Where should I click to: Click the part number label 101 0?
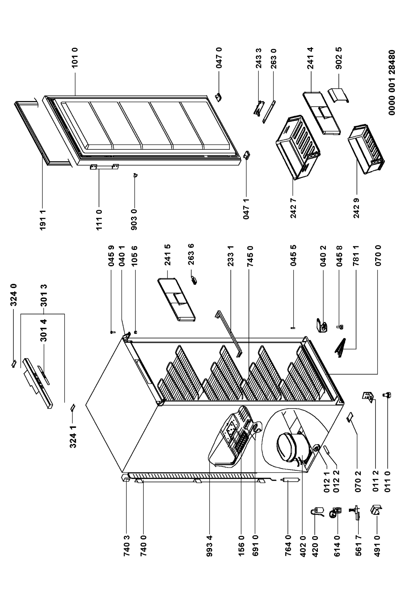click(74, 59)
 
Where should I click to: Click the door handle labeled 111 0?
click(104, 167)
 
